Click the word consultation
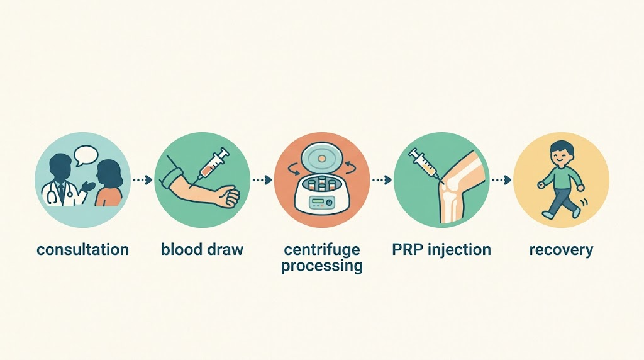[x=82, y=249]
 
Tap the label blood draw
[x=202, y=249]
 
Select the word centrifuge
[x=322, y=249]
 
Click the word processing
[x=322, y=266]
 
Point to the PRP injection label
[x=441, y=249]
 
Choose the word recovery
[x=561, y=250]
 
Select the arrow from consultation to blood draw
[x=142, y=180]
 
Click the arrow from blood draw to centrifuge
[x=262, y=180]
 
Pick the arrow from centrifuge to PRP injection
[x=382, y=180]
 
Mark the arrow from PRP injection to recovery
[x=501, y=180]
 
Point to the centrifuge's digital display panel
[x=318, y=201]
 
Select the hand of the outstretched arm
[x=228, y=196]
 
